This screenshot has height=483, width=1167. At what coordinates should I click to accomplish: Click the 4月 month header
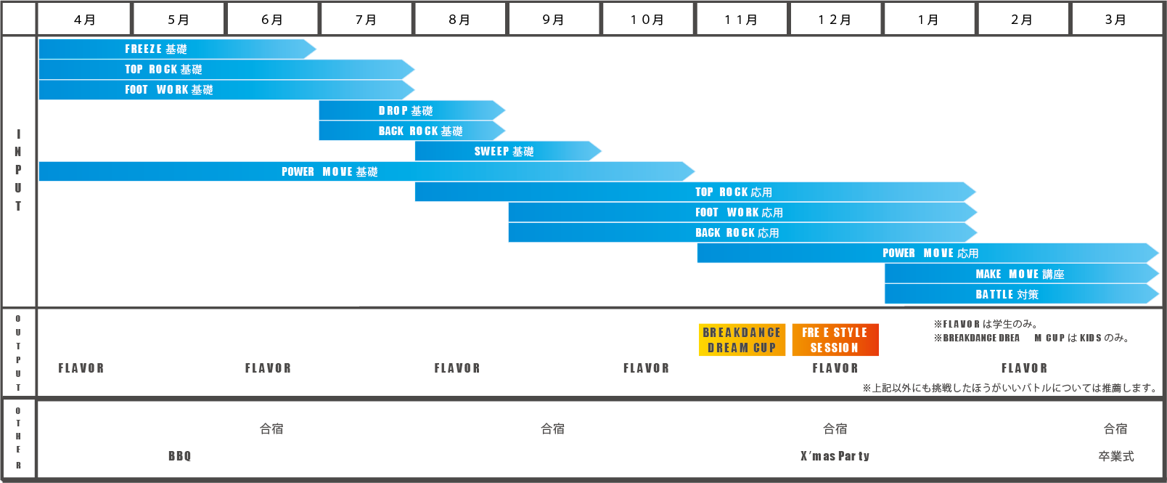[x=84, y=20]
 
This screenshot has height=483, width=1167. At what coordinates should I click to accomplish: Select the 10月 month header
[x=647, y=20]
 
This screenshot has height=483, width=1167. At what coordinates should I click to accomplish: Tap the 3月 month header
[x=1115, y=20]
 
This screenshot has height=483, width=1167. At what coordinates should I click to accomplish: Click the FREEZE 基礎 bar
[x=178, y=49]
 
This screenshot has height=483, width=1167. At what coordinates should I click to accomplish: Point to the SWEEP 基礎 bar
[x=508, y=151]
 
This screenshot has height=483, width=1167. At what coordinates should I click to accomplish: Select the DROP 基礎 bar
[x=412, y=110]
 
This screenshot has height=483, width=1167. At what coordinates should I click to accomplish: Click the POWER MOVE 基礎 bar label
[x=329, y=171]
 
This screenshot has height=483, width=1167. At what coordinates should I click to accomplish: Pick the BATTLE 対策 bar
[x=1022, y=294]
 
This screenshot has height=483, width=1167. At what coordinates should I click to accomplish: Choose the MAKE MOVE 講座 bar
[x=1022, y=274]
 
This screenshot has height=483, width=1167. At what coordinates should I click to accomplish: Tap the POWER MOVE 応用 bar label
[x=930, y=253]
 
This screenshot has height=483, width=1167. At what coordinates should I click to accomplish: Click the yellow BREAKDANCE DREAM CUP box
[x=742, y=340]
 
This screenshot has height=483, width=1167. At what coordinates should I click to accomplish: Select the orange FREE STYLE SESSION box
[x=835, y=340]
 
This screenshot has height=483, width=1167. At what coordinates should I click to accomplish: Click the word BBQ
[x=180, y=456]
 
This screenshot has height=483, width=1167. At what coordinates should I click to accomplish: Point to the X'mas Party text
[x=835, y=456]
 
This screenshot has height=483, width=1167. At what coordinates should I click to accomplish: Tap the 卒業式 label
[x=1116, y=456]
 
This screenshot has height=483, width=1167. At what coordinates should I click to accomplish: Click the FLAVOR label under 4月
[x=81, y=368]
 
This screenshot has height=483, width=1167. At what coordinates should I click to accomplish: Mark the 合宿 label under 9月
[x=553, y=429]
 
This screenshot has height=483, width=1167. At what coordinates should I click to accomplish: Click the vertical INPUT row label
[x=18, y=170]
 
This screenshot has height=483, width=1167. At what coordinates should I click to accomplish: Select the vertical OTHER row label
[x=18, y=438]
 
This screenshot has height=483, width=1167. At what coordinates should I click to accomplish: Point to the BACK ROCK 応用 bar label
[x=737, y=233]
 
